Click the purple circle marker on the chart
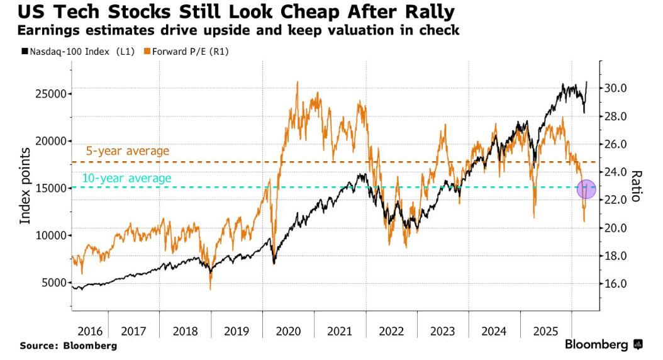tap(586, 188)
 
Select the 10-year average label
tap(126, 178)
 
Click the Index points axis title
tap(26, 187)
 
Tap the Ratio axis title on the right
tap(636, 186)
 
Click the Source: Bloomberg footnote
tap(68, 346)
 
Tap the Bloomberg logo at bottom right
tap(603, 345)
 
